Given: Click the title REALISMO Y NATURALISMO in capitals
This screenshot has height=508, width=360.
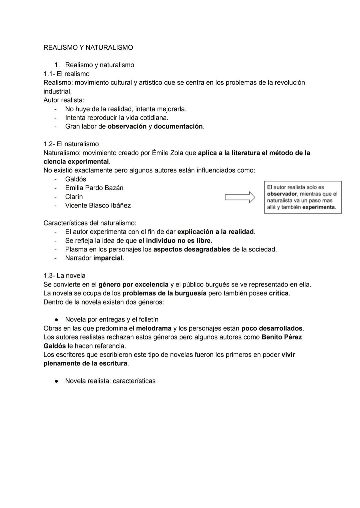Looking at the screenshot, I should tap(88, 48).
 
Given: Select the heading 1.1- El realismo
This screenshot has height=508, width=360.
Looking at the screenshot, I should tap(66, 74).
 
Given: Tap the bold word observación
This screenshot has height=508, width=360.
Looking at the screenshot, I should tap(127, 127).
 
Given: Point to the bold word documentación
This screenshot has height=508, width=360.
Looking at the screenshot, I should tap(178, 127).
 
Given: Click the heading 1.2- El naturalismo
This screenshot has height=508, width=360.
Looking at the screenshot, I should tap(71, 144).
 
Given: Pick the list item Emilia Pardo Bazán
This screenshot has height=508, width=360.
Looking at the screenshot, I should tap(94, 188).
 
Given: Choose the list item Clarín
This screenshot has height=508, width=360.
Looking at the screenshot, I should tap(74, 197).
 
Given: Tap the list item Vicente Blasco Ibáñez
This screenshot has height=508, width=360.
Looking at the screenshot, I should tap(98, 206).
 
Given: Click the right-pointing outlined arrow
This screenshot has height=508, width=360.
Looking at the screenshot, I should tap(240, 197).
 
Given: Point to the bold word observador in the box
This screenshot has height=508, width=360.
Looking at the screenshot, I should tap(282, 194).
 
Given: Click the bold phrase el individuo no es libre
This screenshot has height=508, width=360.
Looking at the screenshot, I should tap(175, 241).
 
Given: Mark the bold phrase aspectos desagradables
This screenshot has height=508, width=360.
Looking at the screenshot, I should tap(192, 249).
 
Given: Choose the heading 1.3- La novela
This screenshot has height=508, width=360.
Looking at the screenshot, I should tap(64, 275).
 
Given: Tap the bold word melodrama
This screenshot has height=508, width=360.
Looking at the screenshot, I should tap(154, 328).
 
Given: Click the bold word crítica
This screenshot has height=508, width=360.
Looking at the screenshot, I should tap(279, 293).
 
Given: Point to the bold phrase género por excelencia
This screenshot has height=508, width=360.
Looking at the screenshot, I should tap(133, 284).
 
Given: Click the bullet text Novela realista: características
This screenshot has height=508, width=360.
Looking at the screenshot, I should tap(110, 381).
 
